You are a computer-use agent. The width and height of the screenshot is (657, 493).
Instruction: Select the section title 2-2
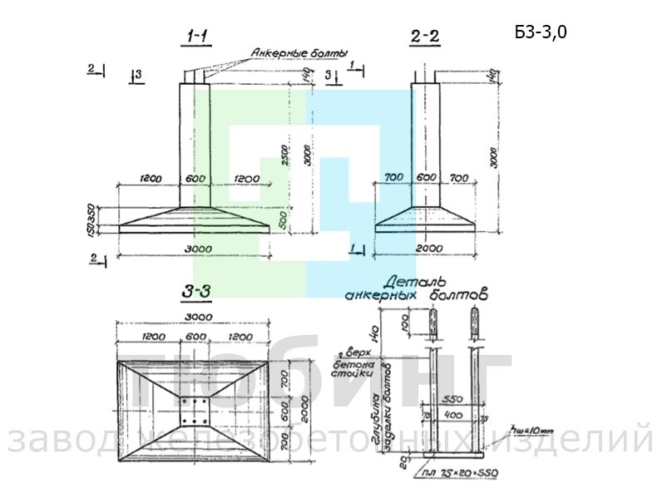tap(425, 36)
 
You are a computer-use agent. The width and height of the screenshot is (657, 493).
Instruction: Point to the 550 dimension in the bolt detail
tap(452, 399)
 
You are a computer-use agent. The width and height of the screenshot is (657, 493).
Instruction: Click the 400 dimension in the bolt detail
tap(452, 413)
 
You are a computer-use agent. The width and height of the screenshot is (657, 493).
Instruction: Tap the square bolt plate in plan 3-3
tap(195, 409)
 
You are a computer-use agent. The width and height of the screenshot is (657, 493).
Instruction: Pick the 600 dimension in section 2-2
tap(426, 178)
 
